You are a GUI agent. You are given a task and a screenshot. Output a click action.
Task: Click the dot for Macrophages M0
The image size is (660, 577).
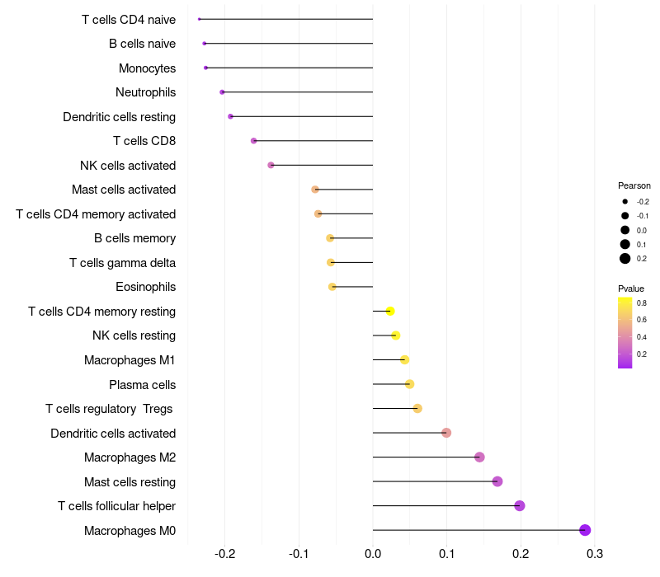(585, 530)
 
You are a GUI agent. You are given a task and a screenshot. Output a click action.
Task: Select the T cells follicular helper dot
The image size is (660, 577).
(520, 506)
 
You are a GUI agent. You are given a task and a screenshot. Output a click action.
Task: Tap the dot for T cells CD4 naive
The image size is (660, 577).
(200, 19)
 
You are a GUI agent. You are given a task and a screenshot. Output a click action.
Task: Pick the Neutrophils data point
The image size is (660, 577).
(222, 92)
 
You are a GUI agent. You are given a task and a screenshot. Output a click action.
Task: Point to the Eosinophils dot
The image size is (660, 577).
(332, 287)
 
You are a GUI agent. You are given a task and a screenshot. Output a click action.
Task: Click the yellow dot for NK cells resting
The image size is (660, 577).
(396, 335)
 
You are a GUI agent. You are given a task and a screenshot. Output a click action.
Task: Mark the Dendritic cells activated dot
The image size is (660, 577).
(446, 433)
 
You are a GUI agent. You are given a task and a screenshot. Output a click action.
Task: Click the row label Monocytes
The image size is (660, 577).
(147, 68)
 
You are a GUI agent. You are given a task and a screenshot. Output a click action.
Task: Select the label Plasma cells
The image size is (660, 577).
(142, 385)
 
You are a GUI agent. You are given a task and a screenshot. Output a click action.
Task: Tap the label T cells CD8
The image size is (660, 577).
(144, 141)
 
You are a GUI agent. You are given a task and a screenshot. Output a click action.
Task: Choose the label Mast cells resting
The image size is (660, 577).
(130, 482)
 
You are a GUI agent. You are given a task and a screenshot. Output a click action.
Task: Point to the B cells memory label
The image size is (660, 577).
(134, 239)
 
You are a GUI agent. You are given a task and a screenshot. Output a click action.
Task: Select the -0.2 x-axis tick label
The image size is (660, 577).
(225, 553)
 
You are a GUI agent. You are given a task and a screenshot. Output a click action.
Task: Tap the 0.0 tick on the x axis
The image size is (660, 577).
(373, 553)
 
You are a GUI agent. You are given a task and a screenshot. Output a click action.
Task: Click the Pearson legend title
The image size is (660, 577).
(634, 185)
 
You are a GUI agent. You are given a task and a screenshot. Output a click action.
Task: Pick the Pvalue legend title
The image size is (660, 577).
(631, 288)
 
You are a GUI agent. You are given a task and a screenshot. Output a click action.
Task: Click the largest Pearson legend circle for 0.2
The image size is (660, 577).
(625, 259)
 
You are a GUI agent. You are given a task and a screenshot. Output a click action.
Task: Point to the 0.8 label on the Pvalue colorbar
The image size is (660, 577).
(642, 303)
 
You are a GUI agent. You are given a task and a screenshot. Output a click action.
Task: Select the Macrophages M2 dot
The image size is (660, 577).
(479, 457)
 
